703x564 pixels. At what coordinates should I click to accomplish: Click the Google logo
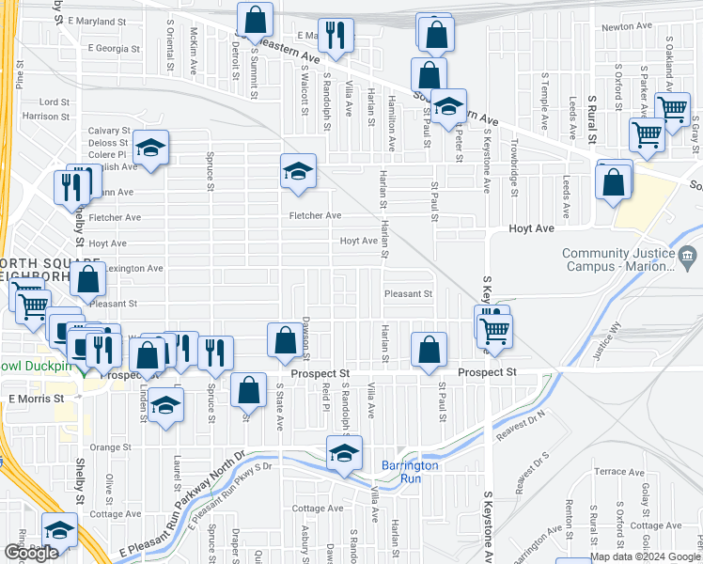(31, 553)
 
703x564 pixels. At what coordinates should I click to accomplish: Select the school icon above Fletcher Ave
(298, 171)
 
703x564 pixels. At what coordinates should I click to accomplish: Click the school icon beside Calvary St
(150, 147)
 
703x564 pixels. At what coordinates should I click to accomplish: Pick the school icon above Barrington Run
(344, 453)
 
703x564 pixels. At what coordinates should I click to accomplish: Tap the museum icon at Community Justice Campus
(687, 254)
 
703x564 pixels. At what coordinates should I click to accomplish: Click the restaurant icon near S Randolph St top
(336, 36)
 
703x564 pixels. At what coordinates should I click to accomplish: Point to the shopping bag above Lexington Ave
(88, 278)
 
